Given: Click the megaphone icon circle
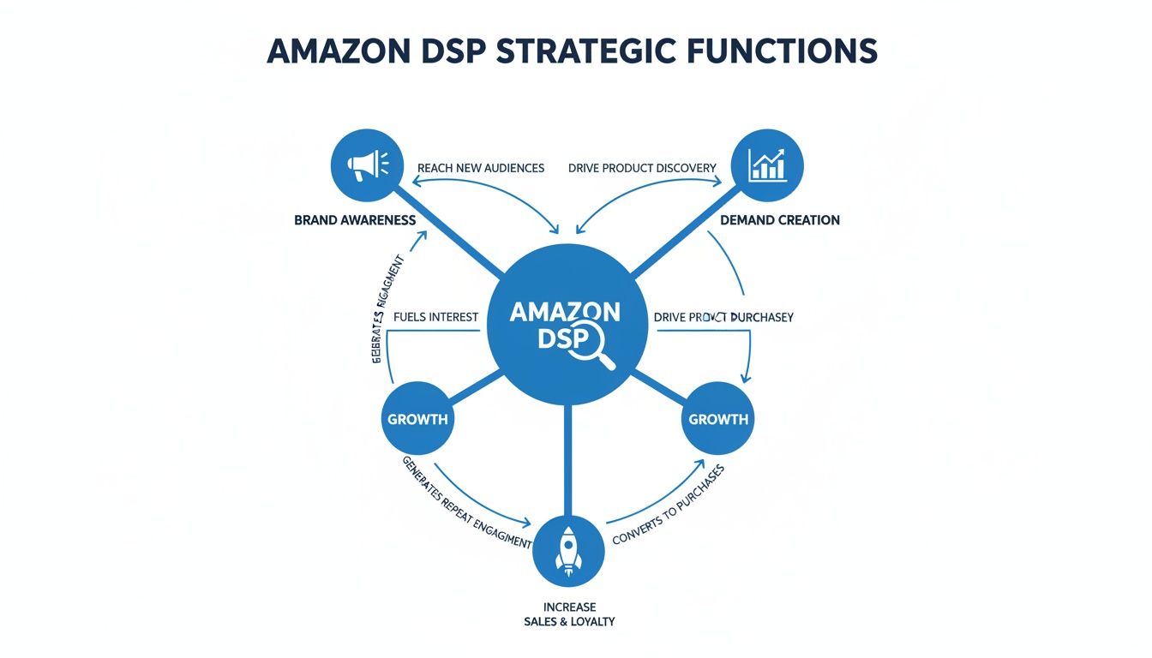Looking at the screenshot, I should (x=367, y=164).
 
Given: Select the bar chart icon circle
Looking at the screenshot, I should (x=767, y=164).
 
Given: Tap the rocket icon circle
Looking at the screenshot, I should (x=568, y=551).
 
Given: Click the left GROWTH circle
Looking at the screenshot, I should (x=417, y=419).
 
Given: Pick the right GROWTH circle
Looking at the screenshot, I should (x=718, y=419).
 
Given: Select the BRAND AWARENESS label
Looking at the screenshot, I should (x=354, y=220).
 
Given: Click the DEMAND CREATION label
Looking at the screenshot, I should (x=780, y=220).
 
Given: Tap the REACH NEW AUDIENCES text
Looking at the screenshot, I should (x=480, y=168).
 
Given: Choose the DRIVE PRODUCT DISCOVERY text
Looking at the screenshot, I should (x=642, y=168).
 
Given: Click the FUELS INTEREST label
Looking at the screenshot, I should (x=435, y=317).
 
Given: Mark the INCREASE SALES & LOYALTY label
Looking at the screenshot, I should (x=568, y=613).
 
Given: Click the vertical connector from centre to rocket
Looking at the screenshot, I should (x=567, y=463).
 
